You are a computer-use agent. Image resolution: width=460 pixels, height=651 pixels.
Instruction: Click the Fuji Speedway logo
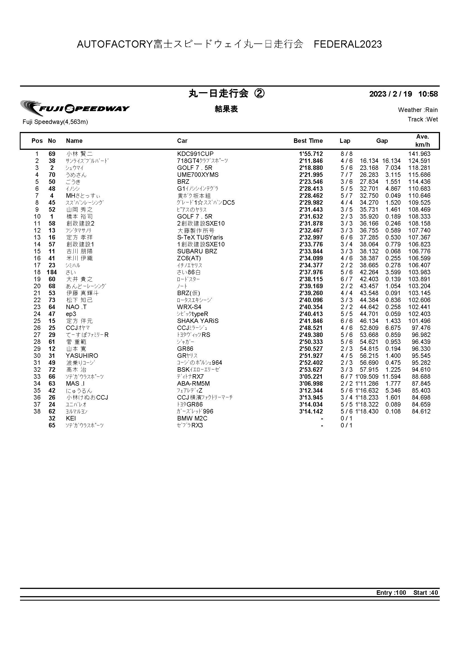(x=75, y=108)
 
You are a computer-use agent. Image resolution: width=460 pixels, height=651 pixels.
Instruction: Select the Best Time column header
(x=308, y=141)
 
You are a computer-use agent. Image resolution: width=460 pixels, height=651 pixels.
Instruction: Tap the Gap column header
(x=382, y=141)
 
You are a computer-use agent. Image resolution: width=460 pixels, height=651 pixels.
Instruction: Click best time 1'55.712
(x=311, y=154)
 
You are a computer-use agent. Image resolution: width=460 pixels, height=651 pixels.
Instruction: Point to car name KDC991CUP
(x=195, y=154)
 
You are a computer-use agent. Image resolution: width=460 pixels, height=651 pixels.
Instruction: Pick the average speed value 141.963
(x=419, y=154)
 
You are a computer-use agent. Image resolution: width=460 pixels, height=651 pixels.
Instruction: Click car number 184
(x=52, y=272)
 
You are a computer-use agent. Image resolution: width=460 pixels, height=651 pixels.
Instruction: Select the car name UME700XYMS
(x=198, y=175)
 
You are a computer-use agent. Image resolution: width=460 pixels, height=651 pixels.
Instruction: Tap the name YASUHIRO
(x=82, y=356)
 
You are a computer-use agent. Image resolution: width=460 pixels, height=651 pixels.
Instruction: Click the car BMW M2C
(x=192, y=418)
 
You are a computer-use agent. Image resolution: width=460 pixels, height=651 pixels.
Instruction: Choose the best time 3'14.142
(x=311, y=411)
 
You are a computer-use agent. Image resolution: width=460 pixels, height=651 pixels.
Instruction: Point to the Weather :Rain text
(x=417, y=110)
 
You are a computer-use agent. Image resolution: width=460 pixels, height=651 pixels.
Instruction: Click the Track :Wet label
(x=423, y=119)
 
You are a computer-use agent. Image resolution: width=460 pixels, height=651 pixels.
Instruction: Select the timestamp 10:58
(x=428, y=94)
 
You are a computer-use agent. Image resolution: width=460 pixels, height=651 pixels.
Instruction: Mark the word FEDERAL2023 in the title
(x=348, y=44)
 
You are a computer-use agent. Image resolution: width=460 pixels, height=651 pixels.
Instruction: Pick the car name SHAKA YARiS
(x=198, y=321)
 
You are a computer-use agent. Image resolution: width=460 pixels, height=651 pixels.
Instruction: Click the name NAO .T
(x=76, y=307)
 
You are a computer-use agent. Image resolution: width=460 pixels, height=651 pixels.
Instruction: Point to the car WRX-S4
(x=189, y=307)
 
